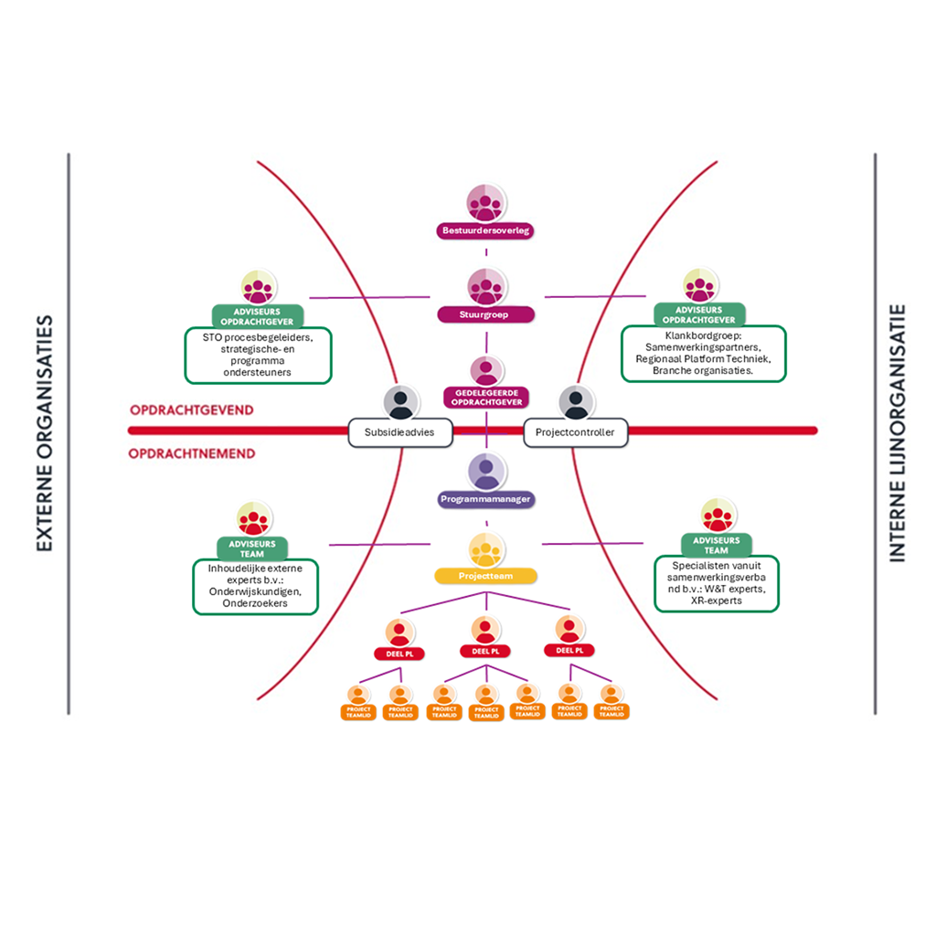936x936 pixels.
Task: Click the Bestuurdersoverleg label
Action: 486,231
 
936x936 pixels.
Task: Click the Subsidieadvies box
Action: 400,432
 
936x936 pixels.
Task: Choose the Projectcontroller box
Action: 575,432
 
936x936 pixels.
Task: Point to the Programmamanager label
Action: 485,499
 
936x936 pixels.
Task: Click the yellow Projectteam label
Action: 485,576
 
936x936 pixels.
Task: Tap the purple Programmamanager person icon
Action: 486,472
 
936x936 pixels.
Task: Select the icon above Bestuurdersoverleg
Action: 485,202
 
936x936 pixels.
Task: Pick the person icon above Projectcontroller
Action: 575,402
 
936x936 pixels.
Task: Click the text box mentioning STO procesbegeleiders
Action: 258,355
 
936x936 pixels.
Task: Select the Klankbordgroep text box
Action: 702,354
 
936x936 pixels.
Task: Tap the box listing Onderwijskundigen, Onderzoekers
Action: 255,586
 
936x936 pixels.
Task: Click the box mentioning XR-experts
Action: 717,583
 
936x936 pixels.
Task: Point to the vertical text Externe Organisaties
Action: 45,433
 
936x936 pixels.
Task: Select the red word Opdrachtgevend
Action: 192,410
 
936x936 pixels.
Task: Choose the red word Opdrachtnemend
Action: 192,453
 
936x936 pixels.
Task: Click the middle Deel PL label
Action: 485,651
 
